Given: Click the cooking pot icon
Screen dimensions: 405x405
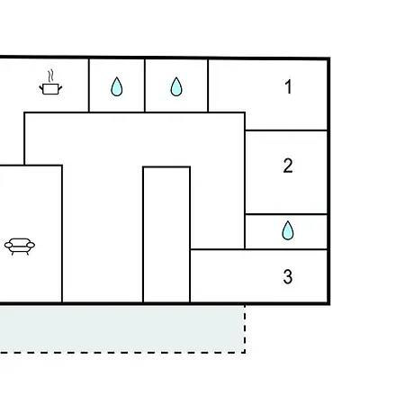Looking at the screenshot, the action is (x=50, y=89).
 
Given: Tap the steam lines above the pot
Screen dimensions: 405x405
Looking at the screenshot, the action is (x=51, y=76).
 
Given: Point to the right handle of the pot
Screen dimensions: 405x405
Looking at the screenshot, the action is (x=60, y=88).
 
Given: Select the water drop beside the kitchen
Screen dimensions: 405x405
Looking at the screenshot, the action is (x=117, y=86).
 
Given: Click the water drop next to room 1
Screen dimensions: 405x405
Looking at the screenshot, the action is (x=176, y=86).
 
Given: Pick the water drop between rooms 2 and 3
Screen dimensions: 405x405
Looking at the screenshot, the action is (x=288, y=230).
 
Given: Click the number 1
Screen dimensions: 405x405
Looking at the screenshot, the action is (x=288, y=86).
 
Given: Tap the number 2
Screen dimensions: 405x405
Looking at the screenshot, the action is (x=288, y=166).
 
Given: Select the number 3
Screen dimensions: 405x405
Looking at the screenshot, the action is (x=288, y=276).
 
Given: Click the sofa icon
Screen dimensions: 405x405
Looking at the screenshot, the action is (x=20, y=247).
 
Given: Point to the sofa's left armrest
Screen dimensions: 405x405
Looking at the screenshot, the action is (x=8, y=246).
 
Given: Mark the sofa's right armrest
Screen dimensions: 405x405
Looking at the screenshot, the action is (x=31, y=246).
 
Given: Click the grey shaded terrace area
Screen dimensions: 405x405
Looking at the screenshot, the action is (x=121, y=328).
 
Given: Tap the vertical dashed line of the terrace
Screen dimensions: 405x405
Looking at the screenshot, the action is (x=245, y=329).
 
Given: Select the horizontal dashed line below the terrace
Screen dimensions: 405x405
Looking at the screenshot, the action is (x=122, y=353).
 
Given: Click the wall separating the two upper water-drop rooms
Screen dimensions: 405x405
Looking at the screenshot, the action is (x=145, y=85).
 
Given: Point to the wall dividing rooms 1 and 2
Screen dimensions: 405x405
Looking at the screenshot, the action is (x=286, y=130).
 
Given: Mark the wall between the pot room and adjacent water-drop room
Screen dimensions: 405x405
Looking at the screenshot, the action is (x=89, y=85).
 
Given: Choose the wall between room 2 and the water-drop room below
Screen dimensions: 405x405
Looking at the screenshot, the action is (x=286, y=214).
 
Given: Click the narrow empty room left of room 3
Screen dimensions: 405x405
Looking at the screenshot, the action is (x=166, y=235).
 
